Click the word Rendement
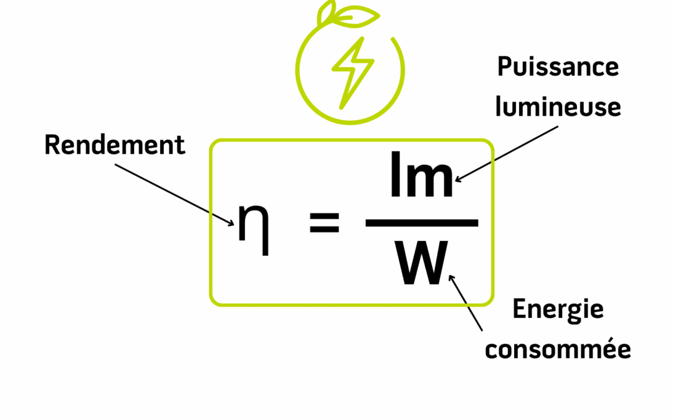pyautogui.click(x=115, y=145)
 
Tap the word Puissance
pyautogui.click(x=558, y=67)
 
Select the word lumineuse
pyautogui.click(x=558, y=107)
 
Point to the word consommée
pyautogui.click(x=558, y=349)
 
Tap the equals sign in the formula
pyautogui.click(x=325, y=223)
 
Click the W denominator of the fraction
pyautogui.click(x=422, y=264)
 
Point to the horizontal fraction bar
pyautogui.click(x=421, y=223)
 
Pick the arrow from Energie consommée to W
pyautogui.click(x=466, y=302)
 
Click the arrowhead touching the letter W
pyautogui.click(x=452, y=279)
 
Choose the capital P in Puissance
pyautogui.click(x=504, y=67)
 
